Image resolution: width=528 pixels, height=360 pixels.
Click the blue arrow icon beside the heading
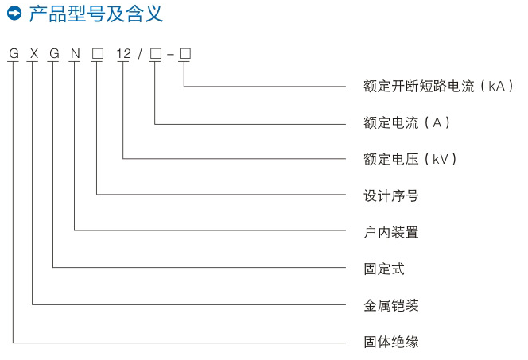pyautogui.click(x=14, y=14)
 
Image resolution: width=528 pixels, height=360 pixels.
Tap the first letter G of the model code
pyautogui.click(x=14, y=54)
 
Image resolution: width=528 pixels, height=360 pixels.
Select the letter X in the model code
pyautogui.click(x=33, y=54)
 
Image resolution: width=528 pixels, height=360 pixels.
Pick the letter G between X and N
pyautogui.click(x=54, y=54)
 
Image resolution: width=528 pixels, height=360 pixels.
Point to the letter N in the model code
pyautogui.click(x=76, y=54)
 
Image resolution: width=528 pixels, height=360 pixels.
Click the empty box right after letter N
pyautogui.click(x=98, y=54)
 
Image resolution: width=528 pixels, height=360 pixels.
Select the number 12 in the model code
pyautogui.click(x=123, y=54)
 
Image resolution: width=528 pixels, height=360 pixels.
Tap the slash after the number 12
pyautogui.click(x=139, y=54)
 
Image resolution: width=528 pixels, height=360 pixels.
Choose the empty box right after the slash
pyautogui.click(x=155, y=54)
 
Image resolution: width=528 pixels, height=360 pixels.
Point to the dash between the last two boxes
pyautogui.click(x=170, y=55)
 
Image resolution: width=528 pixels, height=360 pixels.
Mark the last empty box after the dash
pyautogui.click(x=185, y=54)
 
